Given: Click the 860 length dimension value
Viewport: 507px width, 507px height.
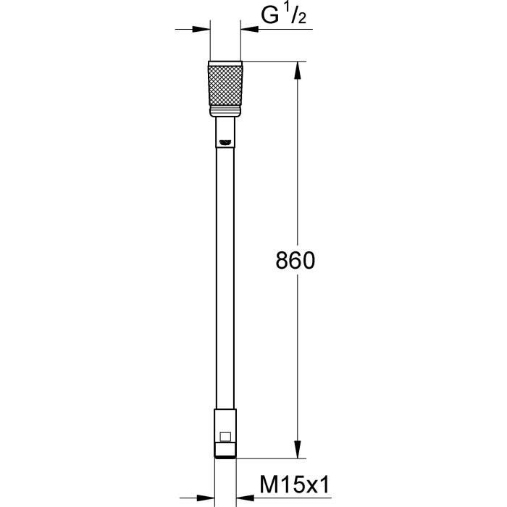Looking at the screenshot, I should (x=296, y=261).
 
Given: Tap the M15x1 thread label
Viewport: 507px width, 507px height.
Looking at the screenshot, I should (x=285, y=481).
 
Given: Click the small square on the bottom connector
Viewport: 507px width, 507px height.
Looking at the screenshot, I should (x=226, y=437).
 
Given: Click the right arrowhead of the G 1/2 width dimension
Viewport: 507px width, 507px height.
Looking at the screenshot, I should (x=250, y=29).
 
